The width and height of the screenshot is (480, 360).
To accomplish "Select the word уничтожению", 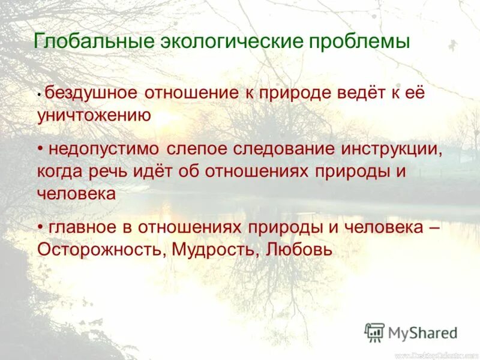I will tap(94, 116).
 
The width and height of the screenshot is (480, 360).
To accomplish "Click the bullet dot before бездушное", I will tap(40, 95).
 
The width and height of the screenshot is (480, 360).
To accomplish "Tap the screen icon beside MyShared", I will tap(375, 332).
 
